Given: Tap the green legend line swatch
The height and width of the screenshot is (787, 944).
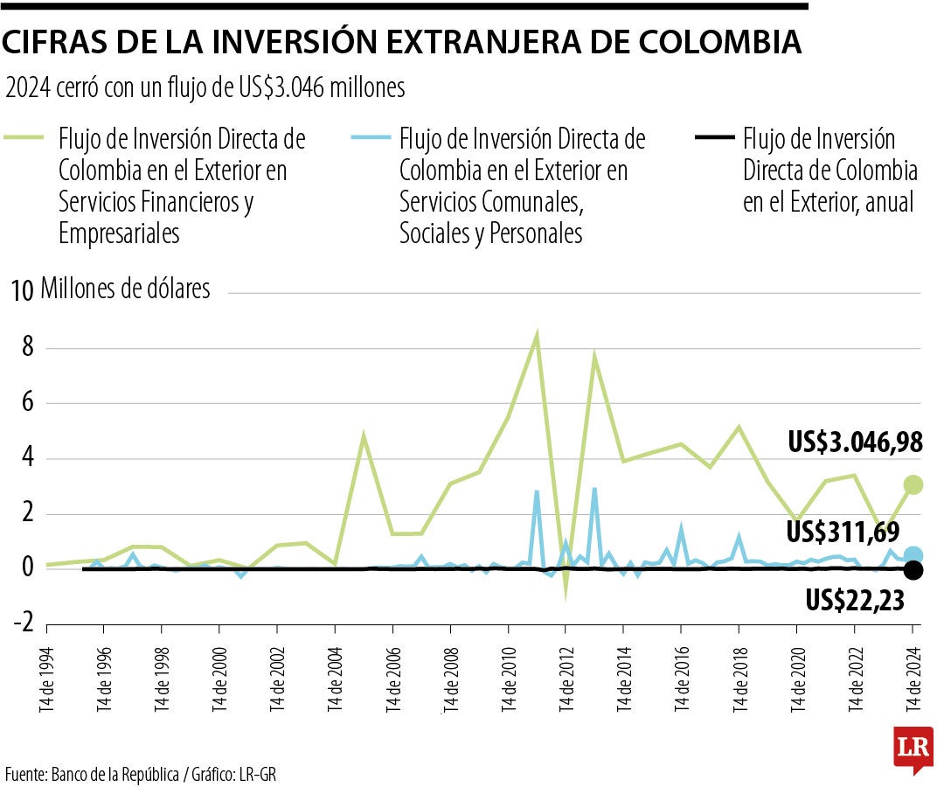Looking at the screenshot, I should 25,138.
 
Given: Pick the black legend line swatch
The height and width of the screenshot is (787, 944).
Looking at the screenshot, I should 712,138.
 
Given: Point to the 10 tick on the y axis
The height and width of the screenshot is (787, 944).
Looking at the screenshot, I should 22,292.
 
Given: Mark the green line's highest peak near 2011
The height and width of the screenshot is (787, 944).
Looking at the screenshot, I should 537,334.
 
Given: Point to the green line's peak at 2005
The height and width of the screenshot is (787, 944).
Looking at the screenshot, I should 364,435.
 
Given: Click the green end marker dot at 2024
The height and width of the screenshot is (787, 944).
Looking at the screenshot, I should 913,484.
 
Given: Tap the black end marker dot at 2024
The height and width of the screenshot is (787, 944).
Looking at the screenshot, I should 913,570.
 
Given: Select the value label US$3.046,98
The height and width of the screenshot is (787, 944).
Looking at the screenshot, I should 854,443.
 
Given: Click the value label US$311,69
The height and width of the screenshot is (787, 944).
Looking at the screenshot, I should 843,531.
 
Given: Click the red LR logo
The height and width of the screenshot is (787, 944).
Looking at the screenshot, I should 913,749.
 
